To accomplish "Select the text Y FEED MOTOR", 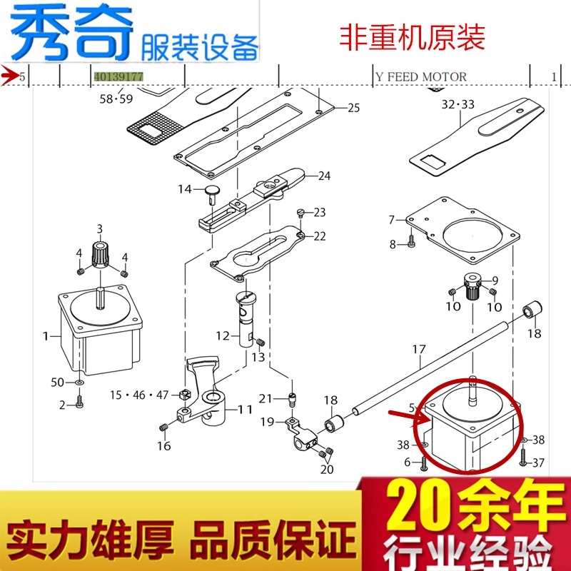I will [421, 76].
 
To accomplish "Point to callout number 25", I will [354, 108].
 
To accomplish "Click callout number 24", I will [325, 176].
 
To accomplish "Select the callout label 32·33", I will [458, 104].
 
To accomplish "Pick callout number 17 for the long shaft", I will [418, 350].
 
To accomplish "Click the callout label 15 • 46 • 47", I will [140, 395].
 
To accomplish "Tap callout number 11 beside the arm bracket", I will [245, 410].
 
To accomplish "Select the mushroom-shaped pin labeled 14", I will [210, 191].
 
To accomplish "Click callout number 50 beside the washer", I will [58, 383].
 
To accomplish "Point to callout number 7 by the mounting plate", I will [391, 220].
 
